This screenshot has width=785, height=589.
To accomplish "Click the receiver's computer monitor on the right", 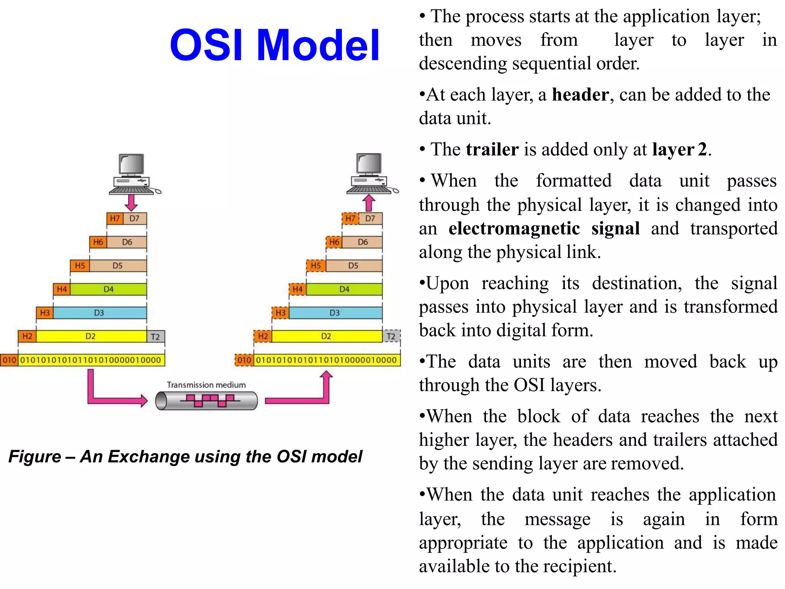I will (x=369, y=164).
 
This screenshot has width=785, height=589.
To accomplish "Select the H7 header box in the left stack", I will (x=115, y=219).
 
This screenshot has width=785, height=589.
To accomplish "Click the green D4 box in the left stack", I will (x=108, y=289).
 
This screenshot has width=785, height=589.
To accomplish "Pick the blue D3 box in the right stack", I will (x=335, y=313).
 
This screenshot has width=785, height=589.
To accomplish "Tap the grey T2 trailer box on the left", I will (x=156, y=337).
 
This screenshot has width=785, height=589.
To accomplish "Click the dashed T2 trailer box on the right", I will (x=391, y=337).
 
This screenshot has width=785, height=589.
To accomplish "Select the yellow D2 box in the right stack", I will (x=326, y=336).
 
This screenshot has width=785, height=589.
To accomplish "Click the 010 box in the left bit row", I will (x=9, y=360).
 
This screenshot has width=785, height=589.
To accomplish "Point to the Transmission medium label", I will (x=206, y=385).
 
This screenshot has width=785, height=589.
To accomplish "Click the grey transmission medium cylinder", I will (x=207, y=401).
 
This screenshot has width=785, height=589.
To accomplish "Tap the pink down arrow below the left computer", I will (x=131, y=202).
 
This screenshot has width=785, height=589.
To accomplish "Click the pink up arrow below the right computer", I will (x=369, y=203).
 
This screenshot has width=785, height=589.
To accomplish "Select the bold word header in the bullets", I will (x=580, y=95).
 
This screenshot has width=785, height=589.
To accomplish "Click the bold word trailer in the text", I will (x=492, y=150).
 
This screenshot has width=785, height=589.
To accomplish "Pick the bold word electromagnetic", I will (x=514, y=229).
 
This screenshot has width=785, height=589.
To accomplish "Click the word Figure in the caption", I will (x=34, y=456).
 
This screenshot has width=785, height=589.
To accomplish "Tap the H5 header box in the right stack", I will (x=316, y=266).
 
